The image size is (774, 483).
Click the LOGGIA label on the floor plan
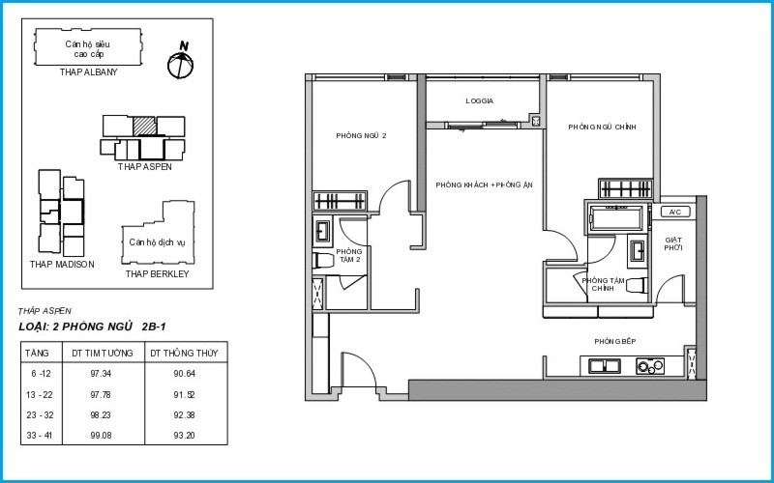click(x=479, y=101)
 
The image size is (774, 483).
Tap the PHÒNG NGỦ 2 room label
click(x=361, y=135)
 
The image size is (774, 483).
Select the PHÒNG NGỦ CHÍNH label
click(x=602, y=128)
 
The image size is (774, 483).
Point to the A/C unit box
click(x=675, y=212)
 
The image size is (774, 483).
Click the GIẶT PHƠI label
click(x=672, y=244)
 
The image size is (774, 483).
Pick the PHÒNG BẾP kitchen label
click(x=615, y=342)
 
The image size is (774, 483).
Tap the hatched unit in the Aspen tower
click(x=144, y=127)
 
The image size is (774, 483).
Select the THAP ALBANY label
click(x=88, y=71)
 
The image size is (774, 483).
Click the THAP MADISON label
click(x=62, y=264)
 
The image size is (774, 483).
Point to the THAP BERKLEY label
click(x=157, y=274)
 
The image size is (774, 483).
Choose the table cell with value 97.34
click(x=101, y=374)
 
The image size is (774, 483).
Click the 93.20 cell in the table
click(x=184, y=436)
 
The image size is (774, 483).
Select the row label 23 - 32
click(x=40, y=415)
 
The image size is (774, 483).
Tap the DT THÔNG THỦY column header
click(x=184, y=353)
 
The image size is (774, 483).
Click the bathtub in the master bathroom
click(x=616, y=217)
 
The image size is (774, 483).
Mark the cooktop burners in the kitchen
click(x=650, y=366)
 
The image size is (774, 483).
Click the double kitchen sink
click(x=606, y=366)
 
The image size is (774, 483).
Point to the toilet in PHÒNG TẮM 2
click(x=323, y=260)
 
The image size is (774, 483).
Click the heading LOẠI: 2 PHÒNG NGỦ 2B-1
click(x=92, y=327)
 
